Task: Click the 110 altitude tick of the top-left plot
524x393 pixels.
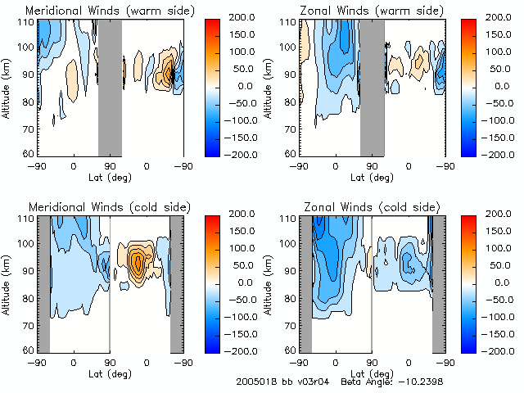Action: coord(26,22)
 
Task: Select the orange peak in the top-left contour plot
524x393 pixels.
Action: coord(169,74)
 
